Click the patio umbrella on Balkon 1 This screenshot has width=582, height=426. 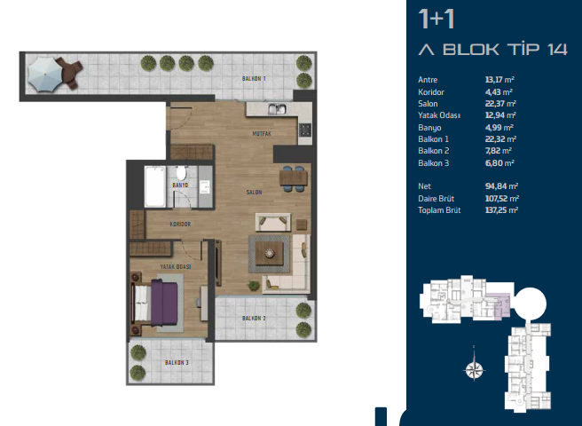pyautogui.click(x=44, y=75)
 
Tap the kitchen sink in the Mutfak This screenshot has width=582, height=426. pyautogui.click(x=278, y=109)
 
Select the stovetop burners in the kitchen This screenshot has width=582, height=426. pyautogui.click(x=305, y=130)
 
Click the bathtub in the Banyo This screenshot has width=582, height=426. pyautogui.click(x=154, y=186)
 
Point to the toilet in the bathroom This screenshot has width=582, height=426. pyautogui.click(x=182, y=173)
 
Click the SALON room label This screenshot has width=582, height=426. pyautogui.click(x=255, y=192)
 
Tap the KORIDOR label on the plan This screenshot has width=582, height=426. pyautogui.click(x=180, y=224)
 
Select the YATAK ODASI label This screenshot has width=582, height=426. pyautogui.click(x=176, y=266)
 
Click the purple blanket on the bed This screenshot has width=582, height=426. pyautogui.click(x=164, y=303)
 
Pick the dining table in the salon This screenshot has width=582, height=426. pyautogui.click(x=294, y=177)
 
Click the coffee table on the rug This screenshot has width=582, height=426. pyautogui.click(x=270, y=253)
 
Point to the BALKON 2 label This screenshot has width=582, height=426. pyautogui.click(x=254, y=319)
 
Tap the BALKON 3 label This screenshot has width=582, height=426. pyautogui.click(x=177, y=362)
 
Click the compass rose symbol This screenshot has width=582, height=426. pyautogui.click(x=475, y=369)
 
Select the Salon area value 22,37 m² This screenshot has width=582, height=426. pyautogui.click(x=500, y=104)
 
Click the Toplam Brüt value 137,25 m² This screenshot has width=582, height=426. pyautogui.click(x=501, y=210)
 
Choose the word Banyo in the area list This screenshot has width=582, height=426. pyautogui.click(x=429, y=128)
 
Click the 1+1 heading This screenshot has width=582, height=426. pyautogui.click(x=436, y=20)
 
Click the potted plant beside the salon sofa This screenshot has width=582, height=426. pyautogui.click(x=254, y=285)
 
